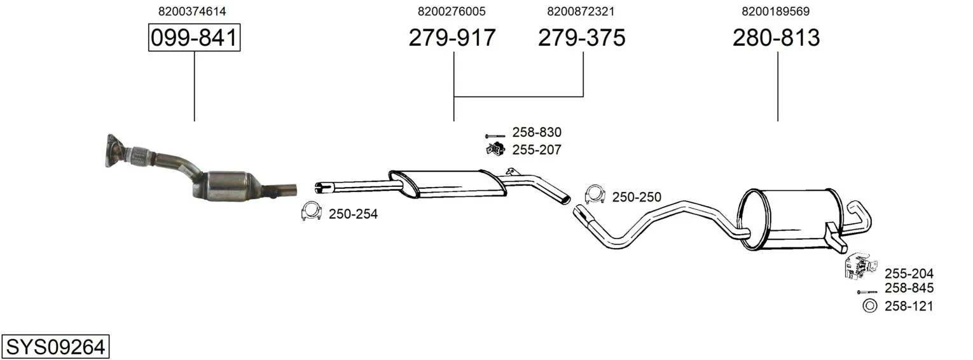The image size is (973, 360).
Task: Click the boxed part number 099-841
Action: pos(194,38)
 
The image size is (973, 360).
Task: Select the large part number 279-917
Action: pos(452,38)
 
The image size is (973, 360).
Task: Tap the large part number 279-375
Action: pos(582,38)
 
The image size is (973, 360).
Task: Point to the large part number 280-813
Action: pos(776,38)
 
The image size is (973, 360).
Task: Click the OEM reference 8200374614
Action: pos(192,11)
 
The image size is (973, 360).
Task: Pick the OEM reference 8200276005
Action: pos(452,11)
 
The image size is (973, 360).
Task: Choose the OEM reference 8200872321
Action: pos(581,11)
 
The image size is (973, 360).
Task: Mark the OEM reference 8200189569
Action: pos(775,11)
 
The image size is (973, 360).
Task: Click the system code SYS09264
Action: pos(55,347)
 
